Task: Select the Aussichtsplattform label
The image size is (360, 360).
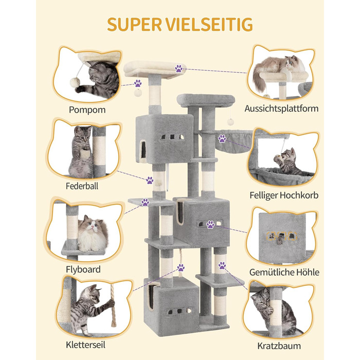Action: [281, 109]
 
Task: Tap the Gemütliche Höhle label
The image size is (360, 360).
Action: [284, 272]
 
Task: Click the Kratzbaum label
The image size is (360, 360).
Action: [280, 345]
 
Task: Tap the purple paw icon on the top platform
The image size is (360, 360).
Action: [178, 68]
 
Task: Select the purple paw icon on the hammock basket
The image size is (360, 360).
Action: [222, 138]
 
